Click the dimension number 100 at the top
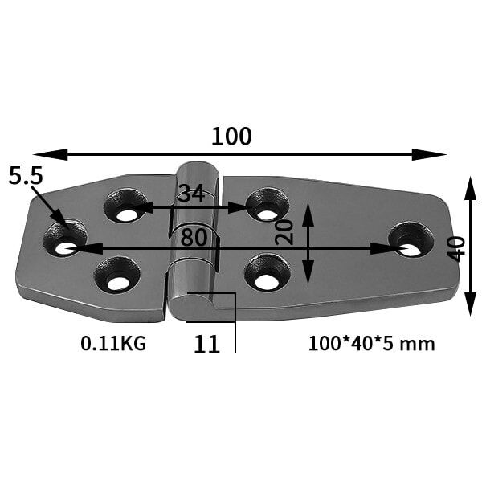pyautogui.click(x=231, y=137)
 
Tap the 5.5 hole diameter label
pyautogui.click(x=25, y=177)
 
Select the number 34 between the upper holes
pyautogui.click(x=191, y=194)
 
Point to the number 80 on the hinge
pyautogui.click(x=194, y=237)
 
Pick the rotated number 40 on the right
pyautogui.click(x=455, y=248)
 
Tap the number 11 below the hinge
pyautogui.click(x=206, y=344)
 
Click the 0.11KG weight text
pyautogui.click(x=113, y=344)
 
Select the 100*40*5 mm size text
pyautogui.click(x=371, y=344)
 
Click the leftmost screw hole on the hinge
pyautogui.click(x=64, y=239)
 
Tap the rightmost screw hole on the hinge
pyautogui.click(x=411, y=239)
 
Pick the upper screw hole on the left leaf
pyautogui.click(x=126, y=206)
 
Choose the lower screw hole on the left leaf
pyautogui.click(x=117, y=275)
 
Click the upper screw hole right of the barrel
pyautogui.click(x=267, y=204)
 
